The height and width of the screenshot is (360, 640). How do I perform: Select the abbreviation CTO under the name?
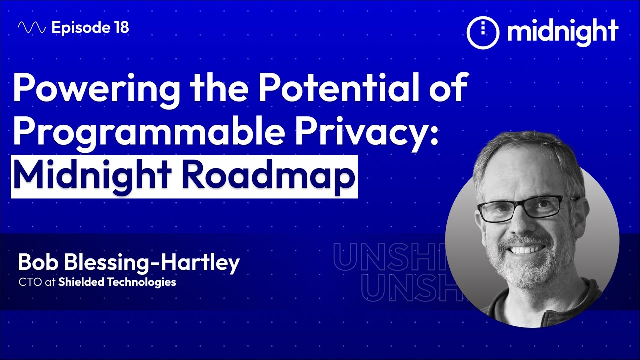click(26, 282)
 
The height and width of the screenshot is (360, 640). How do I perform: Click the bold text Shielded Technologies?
click(117, 282)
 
